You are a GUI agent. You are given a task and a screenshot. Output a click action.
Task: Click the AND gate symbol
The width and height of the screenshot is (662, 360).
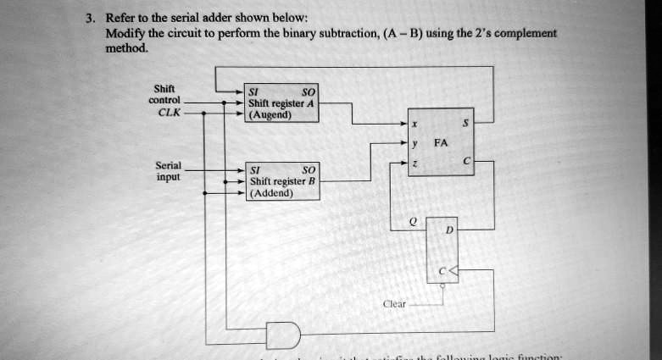(283, 336)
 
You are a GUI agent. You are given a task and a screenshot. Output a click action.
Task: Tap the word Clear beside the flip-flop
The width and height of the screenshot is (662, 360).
(394, 303)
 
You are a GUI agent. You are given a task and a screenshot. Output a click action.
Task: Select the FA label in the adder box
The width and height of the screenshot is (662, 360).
(440, 144)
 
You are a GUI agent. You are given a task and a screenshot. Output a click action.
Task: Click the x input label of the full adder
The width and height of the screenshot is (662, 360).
(415, 123)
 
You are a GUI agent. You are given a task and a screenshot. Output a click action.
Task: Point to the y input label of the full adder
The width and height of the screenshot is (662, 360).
(415, 144)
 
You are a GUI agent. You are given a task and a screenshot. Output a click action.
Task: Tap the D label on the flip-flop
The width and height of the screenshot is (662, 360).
(449, 231)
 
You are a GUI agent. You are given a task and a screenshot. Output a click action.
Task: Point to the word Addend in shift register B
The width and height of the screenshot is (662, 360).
(271, 193)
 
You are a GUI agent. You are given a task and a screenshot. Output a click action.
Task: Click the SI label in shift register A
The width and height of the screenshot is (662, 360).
(253, 91)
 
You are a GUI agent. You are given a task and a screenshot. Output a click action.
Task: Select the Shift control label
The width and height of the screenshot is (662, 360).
(164, 94)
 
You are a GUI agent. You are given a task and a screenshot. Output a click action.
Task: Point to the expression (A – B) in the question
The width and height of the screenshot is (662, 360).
(403, 34)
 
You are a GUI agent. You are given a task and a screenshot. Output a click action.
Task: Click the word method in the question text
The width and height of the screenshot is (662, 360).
(126, 49)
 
